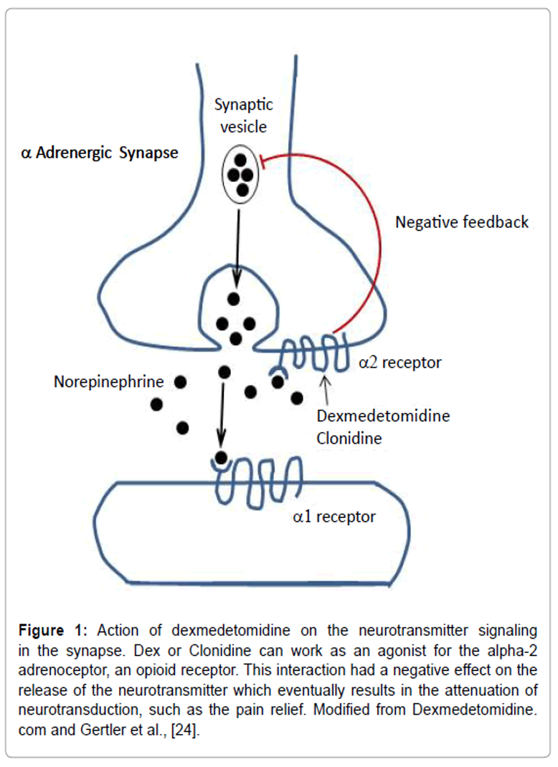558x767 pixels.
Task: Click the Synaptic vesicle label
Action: click(244, 115)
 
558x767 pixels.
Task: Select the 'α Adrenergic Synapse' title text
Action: click(100, 153)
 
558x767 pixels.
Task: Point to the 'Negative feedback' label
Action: click(462, 222)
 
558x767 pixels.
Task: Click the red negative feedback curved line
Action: click(378, 237)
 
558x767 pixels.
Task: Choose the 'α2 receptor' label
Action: click(400, 363)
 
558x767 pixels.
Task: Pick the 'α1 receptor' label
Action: click(334, 516)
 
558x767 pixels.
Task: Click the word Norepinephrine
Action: click(109, 382)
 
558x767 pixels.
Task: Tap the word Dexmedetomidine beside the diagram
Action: click(383, 416)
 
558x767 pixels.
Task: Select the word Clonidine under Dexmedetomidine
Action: click(349, 437)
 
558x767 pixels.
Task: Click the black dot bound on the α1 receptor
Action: click(221, 457)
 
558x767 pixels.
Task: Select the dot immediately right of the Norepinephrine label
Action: click(180, 382)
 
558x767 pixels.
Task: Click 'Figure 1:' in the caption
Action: click(52, 632)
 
